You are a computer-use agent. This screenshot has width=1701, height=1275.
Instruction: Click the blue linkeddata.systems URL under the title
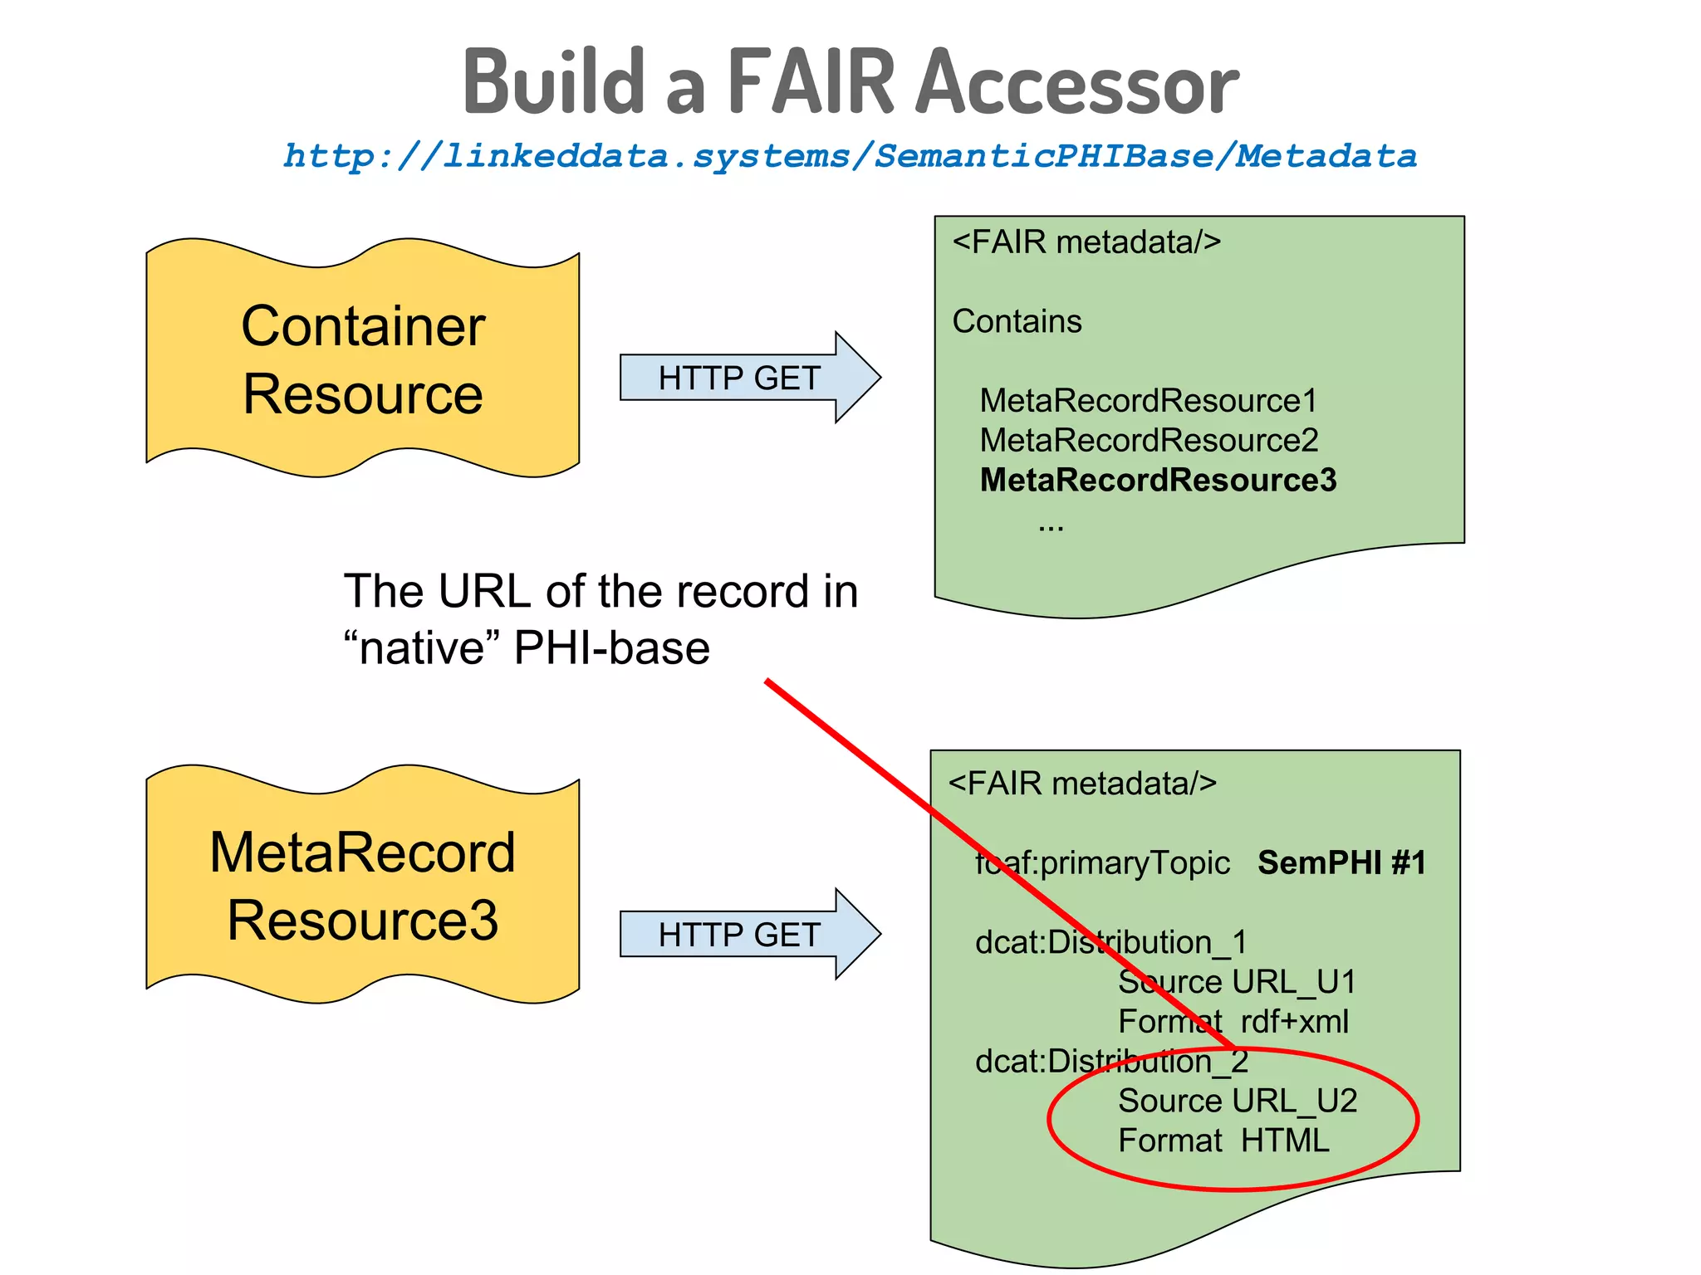click(850, 156)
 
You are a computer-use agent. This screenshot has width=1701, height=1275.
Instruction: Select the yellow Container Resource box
click(363, 359)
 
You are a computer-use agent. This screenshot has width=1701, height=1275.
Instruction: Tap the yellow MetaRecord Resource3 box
click(363, 885)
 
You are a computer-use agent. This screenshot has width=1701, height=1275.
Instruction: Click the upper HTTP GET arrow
click(739, 379)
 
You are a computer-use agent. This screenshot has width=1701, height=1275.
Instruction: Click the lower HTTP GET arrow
click(739, 935)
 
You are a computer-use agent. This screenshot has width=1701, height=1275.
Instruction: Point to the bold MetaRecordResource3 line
click(1158, 481)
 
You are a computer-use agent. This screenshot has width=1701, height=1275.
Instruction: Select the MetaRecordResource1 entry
click(1148, 401)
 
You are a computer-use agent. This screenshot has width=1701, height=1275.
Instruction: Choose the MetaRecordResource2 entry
click(1149, 441)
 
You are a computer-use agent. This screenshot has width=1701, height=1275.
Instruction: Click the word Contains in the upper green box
click(1017, 321)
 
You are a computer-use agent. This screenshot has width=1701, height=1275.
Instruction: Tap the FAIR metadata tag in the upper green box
click(1086, 242)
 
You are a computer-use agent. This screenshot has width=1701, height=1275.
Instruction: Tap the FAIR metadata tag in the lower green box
click(1082, 784)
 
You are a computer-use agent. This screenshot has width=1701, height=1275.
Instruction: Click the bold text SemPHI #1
click(1341, 863)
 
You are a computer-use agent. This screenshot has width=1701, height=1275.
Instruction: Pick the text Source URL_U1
click(1237, 982)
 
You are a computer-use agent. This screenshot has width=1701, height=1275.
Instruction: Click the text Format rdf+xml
click(1233, 1022)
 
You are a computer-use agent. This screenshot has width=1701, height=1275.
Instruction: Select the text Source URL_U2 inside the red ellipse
click(1237, 1102)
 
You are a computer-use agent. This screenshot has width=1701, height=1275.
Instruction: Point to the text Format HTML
click(1223, 1141)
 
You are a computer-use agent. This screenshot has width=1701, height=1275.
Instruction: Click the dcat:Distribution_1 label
click(1110, 943)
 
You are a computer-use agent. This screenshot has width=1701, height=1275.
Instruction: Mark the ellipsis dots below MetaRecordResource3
click(1051, 526)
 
